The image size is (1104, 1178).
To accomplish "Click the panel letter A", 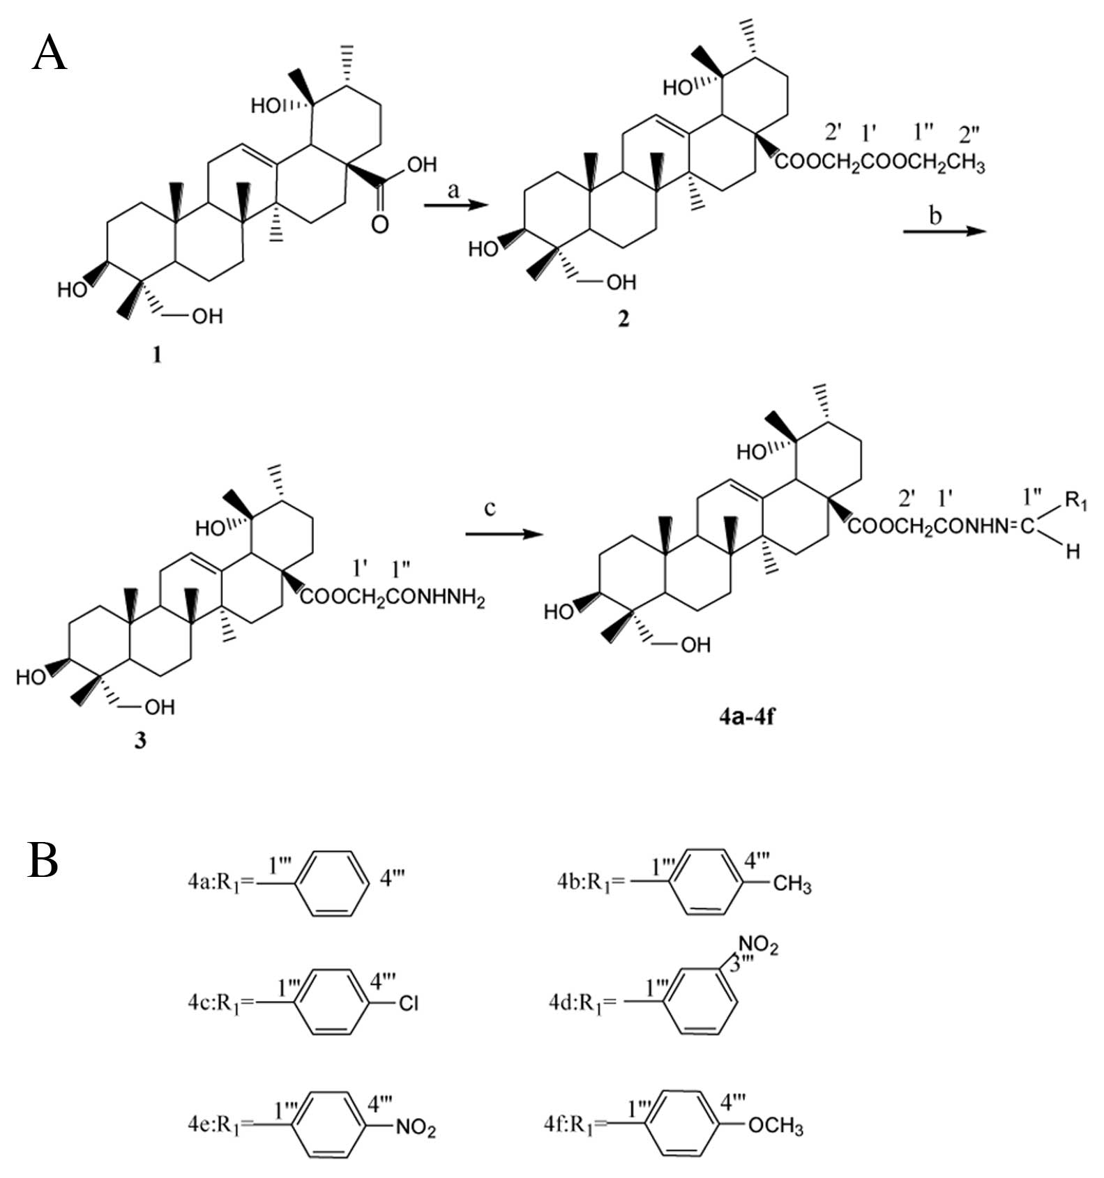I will coord(49,53).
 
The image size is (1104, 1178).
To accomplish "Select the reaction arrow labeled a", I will coord(455,204).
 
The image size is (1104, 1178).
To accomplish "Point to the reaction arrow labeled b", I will coord(944,230).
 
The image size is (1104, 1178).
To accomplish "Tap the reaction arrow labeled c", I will coord(504,534).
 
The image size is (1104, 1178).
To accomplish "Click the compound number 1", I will coord(157,355).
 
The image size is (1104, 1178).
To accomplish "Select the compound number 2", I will coord(623,319).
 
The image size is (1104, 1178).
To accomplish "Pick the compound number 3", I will coord(140,740).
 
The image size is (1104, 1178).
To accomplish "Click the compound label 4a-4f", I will coord(746,716).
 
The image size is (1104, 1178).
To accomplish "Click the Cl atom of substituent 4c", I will coord(408,1003).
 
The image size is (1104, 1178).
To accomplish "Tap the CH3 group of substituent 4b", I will coord(792,885).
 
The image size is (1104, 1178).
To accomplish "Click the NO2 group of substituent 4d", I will coord(758,945).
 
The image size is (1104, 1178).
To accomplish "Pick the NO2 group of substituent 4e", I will coord(416,1127).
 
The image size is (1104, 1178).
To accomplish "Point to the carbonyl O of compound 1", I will coord(380,224).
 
